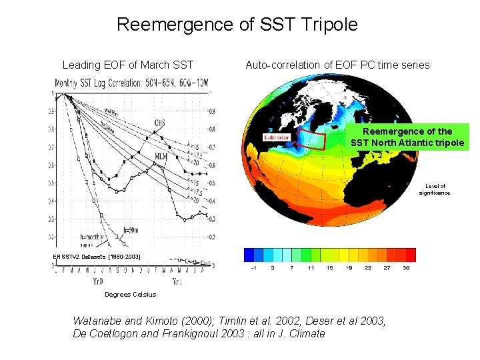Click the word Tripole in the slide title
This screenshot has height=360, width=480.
329,25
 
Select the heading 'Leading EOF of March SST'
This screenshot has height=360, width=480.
127,65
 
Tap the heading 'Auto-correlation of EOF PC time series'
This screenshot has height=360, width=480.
337,65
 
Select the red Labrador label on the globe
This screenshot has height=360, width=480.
277,137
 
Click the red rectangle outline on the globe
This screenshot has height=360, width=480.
312,141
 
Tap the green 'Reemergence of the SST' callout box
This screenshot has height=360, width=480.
407,137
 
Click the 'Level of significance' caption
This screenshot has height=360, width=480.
434,189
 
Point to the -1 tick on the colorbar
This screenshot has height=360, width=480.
254,269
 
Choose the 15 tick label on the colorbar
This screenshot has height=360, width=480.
329,269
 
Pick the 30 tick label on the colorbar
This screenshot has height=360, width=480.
406,269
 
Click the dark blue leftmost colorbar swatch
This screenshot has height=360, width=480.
249,255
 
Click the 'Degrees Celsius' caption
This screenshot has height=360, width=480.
130,294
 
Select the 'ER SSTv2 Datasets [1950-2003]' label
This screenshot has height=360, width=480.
98,256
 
